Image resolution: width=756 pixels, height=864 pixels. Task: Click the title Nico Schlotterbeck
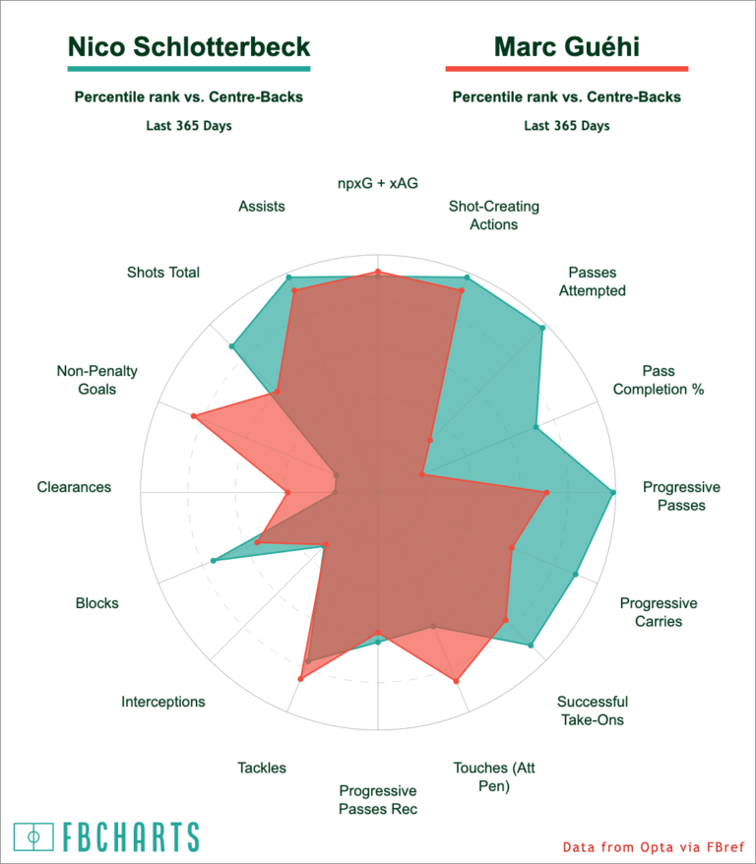pyautogui.click(x=189, y=47)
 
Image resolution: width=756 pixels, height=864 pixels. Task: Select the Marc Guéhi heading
pyautogui.click(x=566, y=47)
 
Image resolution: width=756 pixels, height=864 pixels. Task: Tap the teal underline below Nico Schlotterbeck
pyautogui.click(x=189, y=69)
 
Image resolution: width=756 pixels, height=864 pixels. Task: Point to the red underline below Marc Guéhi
pyautogui.click(x=566, y=69)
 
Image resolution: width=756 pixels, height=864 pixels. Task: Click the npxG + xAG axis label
pyautogui.click(x=378, y=183)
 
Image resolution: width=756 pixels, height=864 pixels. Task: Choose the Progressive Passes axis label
pyautogui.click(x=681, y=496)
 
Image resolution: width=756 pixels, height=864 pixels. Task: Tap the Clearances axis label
pyautogui.click(x=74, y=487)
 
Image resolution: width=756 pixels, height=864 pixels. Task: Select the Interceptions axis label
pyautogui.click(x=163, y=702)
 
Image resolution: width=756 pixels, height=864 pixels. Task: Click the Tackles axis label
pyautogui.click(x=262, y=768)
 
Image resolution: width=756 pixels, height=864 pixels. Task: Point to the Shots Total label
pyautogui.click(x=163, y=273)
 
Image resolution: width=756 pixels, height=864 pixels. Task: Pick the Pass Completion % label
pyautogui.click(x=659, y=380)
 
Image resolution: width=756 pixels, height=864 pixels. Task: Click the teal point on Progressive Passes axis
pyautogui.click(x=613, y=492)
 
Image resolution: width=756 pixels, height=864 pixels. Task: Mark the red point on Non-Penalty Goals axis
pyautogui.click(x=193, y=416)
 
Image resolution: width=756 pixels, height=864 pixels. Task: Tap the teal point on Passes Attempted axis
pyautogui.click(x=542, y=328)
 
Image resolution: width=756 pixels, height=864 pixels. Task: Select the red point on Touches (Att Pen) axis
pyautogui.click(x=456, y=682)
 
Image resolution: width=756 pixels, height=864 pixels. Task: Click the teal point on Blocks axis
pyautogui.click(x=214, y=560)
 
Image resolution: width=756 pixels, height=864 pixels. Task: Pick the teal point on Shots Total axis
pyautogui.click(x=232, y=346)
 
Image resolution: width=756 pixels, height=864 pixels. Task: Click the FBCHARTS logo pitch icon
pyautogui.click(x=33, y=837)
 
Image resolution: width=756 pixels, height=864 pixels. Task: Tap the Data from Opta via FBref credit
pyautogui.click(x=654, y=847)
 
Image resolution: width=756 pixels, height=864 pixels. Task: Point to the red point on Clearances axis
pyautogui.click(x=287, y=492)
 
